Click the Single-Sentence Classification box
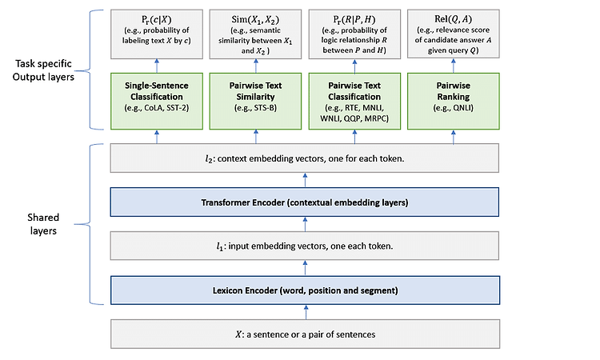point(157,101)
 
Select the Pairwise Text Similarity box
point(255,101)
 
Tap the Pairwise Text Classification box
point(354,101)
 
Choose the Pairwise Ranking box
point(454,101)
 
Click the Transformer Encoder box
point(305,202)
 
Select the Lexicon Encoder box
point(305,290)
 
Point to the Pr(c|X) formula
point(156,19)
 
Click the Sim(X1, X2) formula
point(255,20)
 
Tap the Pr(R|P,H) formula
point(354,19)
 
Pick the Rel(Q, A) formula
point(453,19)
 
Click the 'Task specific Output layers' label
point(43,70)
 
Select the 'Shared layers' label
point(43,224)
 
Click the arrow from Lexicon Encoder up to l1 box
point(305,268)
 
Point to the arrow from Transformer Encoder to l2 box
point(305,180)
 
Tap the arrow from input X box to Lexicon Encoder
point(306,312)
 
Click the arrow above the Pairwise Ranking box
point(454,66)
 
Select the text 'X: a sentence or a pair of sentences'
point(305,334)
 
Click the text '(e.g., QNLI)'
point(454,108)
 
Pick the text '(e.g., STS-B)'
point(255,108)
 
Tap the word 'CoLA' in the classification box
point(154,108)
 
